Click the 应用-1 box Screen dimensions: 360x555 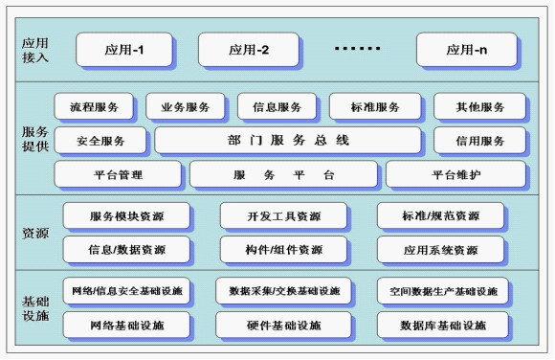click(124, 48)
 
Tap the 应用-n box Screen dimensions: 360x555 click(470, 48)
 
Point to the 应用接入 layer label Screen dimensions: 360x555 click(34, 48)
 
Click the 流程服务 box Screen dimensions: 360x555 click(95, 107)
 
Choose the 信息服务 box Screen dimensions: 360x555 click(277, 107)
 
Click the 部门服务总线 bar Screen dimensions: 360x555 click(288, 141)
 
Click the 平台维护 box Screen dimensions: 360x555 click(455, 174)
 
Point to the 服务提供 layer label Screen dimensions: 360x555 click(34, 140)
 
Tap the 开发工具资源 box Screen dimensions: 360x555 click(283, 216)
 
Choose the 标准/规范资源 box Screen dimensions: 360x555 click(440, 216)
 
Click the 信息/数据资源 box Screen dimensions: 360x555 click(126, 250)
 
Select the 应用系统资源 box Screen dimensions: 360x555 click(440, 250)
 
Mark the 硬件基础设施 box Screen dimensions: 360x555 click(283, 326)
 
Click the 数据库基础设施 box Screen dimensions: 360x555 click(442, 326)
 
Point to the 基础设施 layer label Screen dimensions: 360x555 click(34, 307)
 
